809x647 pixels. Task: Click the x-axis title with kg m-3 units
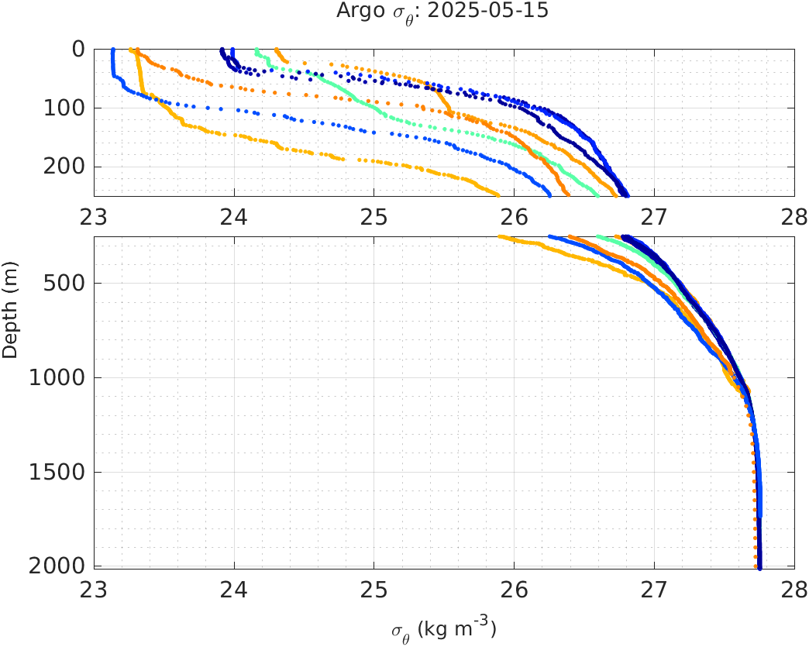tap(443, 629)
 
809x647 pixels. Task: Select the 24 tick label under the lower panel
tap(234, 588)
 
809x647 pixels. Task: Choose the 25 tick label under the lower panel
tap(374, 588)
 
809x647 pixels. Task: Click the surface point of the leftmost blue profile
tap(113, 50)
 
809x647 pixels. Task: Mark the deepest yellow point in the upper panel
tap(497, 194)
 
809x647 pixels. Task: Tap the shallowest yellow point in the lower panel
tap(501, 237)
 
